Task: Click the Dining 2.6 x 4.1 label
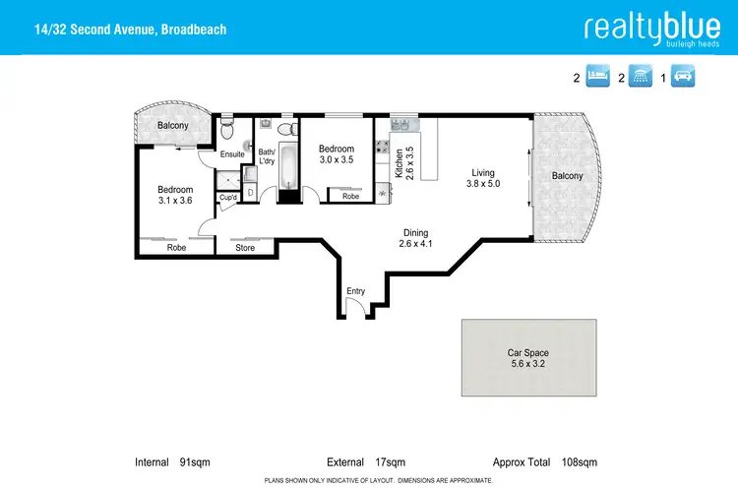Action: (415, 238)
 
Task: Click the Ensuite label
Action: (232, 154)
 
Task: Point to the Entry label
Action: (355, 291)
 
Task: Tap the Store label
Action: (245, 248)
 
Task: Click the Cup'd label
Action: (228, 197)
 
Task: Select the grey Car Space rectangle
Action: (528, 357)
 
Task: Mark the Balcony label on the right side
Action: (567, 177)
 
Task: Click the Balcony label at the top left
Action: (164, 126)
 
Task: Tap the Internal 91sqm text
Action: (172, 461)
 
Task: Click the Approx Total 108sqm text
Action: (544, 461)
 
